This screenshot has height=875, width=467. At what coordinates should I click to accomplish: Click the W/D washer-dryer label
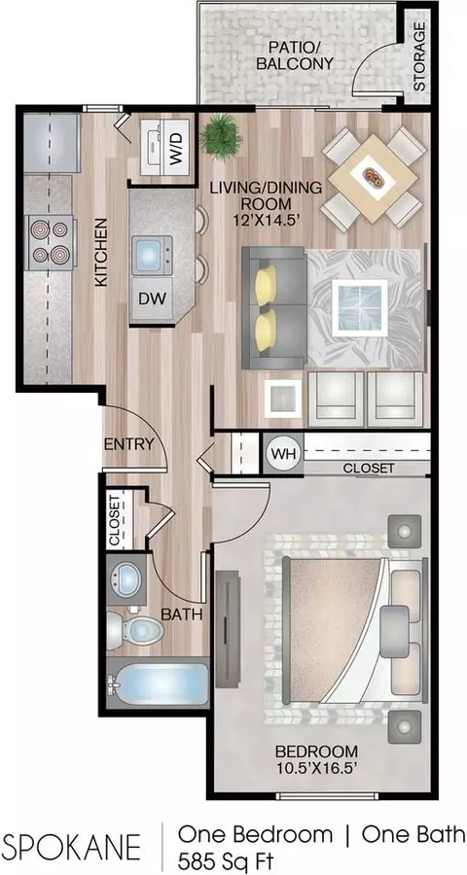176,149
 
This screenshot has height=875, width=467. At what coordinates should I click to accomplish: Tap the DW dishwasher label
153,298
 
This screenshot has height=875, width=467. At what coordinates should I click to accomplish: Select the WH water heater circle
282,452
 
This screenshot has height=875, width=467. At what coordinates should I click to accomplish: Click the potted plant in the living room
221,137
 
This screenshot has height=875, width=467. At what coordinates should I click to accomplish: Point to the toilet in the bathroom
135,629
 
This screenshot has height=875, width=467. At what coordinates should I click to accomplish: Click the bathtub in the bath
158,684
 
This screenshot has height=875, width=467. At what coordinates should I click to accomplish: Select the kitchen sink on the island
152,255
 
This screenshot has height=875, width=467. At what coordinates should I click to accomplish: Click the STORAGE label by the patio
418,56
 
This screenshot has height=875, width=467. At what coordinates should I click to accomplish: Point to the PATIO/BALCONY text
295,54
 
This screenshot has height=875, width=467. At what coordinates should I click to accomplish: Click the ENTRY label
129,444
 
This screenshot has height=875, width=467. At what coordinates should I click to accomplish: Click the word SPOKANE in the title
72,848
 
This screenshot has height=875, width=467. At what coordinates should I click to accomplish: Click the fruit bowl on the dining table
374,177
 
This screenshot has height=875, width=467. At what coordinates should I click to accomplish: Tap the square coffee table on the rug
360,308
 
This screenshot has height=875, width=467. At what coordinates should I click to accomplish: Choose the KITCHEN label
100,252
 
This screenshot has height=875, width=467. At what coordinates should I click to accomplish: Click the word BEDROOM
318,751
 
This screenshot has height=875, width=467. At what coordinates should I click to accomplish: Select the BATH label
181,614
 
